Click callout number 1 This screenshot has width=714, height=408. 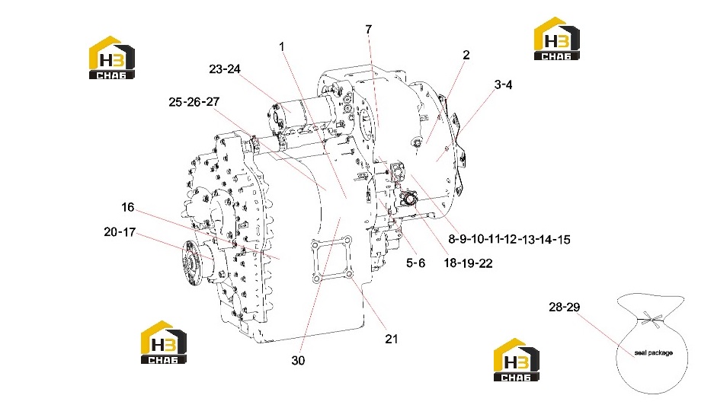click(x=281, y=46)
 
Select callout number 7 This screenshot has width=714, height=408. click(x=368, y=29)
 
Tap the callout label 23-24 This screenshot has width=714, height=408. click(x=225, y=69)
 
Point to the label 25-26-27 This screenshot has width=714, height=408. click(x=194, y=102)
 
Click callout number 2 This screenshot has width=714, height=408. click(x=466, y=55)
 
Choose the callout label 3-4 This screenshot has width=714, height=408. click(x=503, y=84)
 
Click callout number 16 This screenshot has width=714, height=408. click(x=127, y=207)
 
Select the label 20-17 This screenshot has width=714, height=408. click(x=120, y=232)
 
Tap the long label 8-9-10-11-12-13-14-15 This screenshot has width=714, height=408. click(x=509, y=239)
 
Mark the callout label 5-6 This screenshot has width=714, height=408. click(x=416, y=263)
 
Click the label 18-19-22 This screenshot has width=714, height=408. click(x=468, y=263)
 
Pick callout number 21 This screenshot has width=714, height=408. click(x=391, y=339)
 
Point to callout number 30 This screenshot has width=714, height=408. click(x=298, y=361)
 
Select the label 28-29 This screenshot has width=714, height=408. click(x=564, y=307)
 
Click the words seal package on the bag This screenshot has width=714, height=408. click(x=654, y=353)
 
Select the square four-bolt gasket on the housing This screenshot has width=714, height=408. click(x=331, y=258)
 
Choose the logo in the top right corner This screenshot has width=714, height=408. click(x=556, y=39)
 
